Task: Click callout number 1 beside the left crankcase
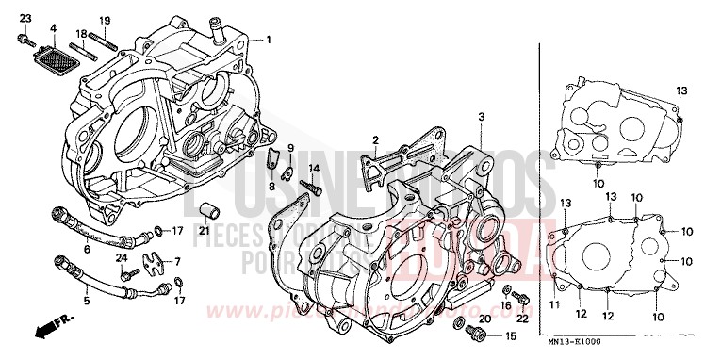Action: click(268, 40)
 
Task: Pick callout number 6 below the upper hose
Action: click(87, 249)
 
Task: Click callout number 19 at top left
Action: click(106, 20)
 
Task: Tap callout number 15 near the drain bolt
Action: click(511, 336)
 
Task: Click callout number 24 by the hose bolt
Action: click(121, 259)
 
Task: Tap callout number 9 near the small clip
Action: click(290, 149)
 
